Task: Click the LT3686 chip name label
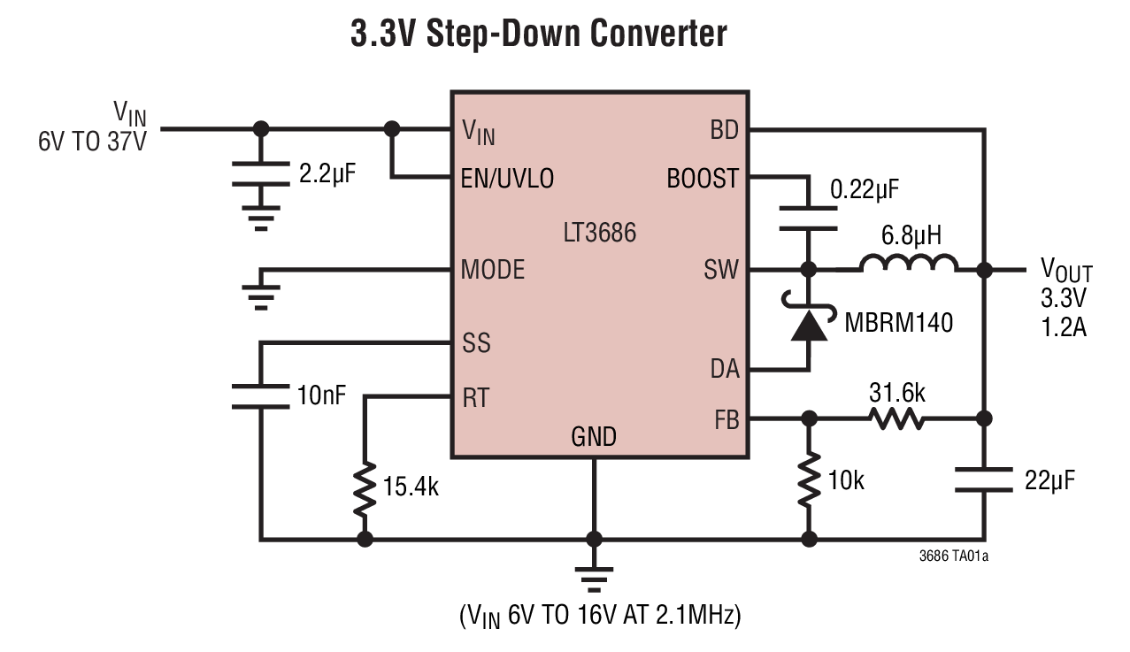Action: [599, 234]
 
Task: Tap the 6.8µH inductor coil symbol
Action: [908, 265]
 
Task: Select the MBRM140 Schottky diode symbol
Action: [808, 325]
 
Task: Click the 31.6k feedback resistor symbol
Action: [898, 418]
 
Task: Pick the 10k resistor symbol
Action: [808, 482]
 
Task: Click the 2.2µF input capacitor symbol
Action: [260, 174]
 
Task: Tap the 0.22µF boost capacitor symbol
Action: [808, 218]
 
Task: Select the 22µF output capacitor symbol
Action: [983, 480]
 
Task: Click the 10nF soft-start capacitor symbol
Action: [260, 395]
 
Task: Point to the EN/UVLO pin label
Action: [508, 179]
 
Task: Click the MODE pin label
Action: [493, 269]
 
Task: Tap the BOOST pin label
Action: [702, 179]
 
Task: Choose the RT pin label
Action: [476, 397]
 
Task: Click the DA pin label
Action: [724, 370]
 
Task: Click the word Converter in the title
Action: [658, 34]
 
